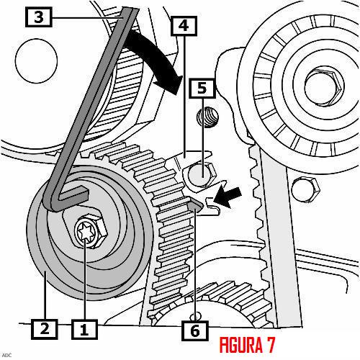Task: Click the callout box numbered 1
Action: (84, 329)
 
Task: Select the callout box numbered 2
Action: (45, 329)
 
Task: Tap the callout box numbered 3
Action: (39, 17)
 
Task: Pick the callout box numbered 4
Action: (184, 26)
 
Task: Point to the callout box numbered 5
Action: (202, 89)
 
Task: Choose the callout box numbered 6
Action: (194, 330)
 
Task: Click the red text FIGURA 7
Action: (247, 345)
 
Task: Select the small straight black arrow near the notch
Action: (228, 197)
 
